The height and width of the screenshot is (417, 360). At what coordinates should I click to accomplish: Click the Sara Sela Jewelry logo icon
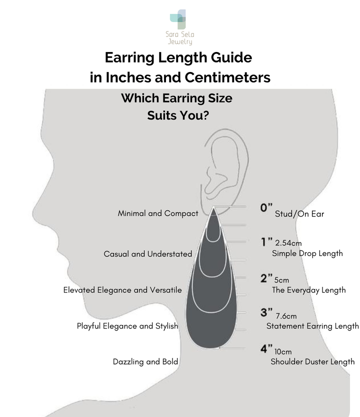(178, 19)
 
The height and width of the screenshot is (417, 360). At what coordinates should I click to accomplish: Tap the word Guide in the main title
(231, 57)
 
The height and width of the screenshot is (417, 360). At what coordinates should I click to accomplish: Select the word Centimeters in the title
(227, 77)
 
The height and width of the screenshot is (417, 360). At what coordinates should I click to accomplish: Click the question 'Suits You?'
(178, 115)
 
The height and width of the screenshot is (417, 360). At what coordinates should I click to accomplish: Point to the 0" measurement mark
(266, 207)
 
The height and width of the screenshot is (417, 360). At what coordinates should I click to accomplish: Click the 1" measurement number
(266, 241)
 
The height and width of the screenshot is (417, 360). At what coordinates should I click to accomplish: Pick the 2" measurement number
(266, 278)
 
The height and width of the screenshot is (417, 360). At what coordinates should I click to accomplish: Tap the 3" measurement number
(266, 312)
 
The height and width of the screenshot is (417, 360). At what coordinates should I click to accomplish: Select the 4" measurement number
(266, 348)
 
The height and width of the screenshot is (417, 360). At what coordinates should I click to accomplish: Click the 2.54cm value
(288, 243)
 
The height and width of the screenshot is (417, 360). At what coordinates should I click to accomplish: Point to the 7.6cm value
(286, 316)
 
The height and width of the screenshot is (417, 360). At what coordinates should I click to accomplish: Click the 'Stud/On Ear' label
(299, 214)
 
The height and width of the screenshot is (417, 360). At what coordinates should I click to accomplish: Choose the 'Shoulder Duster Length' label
(312, 361)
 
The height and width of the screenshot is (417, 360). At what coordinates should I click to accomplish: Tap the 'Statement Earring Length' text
(312, 326)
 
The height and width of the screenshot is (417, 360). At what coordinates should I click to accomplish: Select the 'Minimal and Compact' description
(158, 213)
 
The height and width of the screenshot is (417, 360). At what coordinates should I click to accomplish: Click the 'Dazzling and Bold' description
(145, 361)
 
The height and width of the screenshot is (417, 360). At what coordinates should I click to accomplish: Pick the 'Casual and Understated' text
(148, 254)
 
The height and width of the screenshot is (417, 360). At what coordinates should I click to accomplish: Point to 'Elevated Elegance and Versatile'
(122, 290)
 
